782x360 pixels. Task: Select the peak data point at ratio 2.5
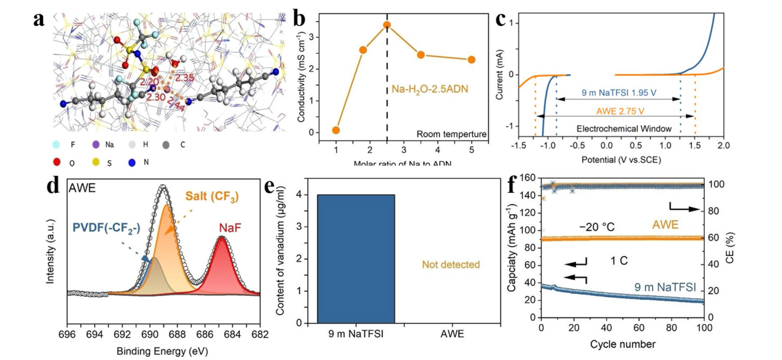click(x=387, y=25)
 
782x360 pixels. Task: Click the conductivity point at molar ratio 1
click(x=336, y=130)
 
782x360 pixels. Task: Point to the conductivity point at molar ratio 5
click(x=472, y=60)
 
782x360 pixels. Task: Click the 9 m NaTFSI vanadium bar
click(x=355, y=258)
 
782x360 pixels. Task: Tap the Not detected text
click(x=451, y=264)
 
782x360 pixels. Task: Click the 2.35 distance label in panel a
click(x=186, y=78)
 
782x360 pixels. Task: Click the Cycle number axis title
click(x=622, y=343)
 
